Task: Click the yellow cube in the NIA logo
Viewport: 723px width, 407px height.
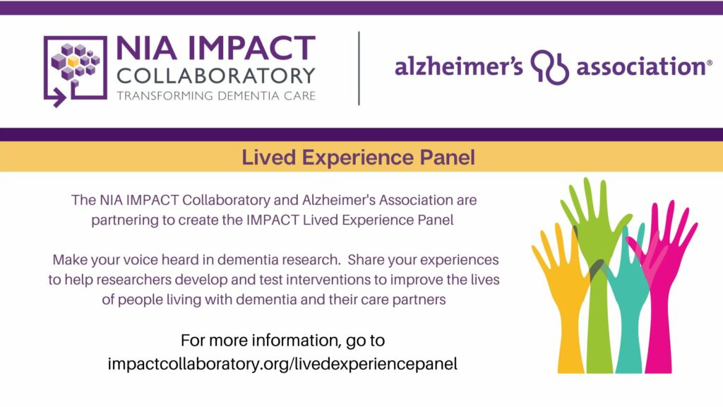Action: (73, 61)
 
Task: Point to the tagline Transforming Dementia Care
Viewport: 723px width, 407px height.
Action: (216, 96)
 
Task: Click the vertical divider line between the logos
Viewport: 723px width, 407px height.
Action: (359, 69)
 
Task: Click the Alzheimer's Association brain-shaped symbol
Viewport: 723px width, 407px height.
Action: (549, 67)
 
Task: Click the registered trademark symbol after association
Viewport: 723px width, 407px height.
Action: (709, 62)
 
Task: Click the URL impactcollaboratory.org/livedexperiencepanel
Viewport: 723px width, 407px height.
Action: (282, 364)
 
